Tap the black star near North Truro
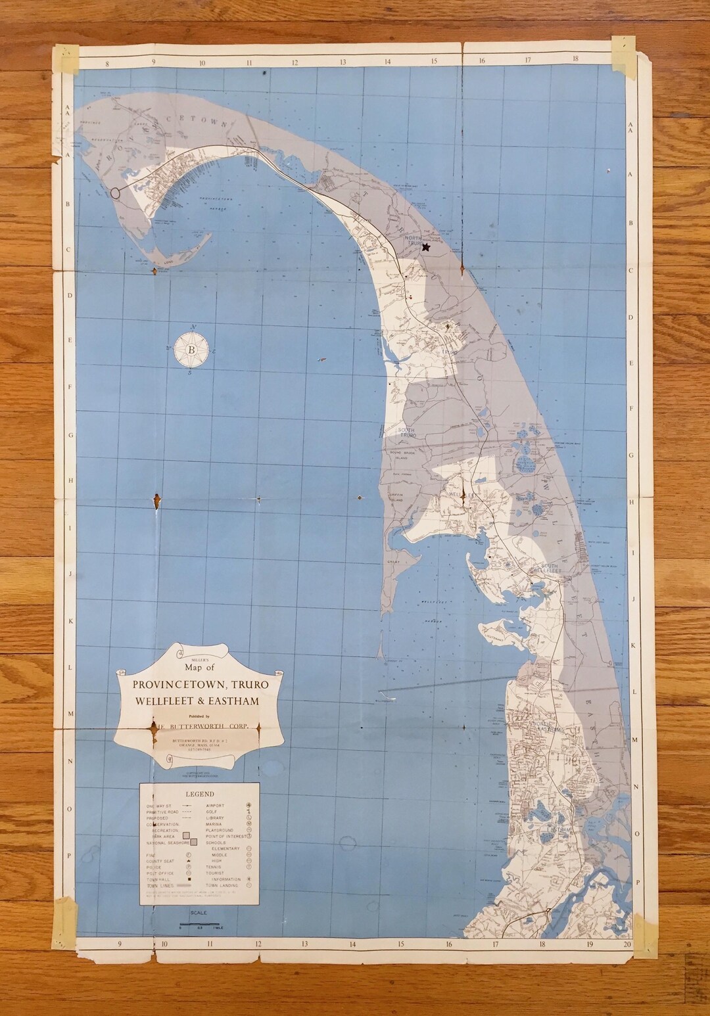(x=425, y=247)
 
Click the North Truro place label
(x=414, y=241)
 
